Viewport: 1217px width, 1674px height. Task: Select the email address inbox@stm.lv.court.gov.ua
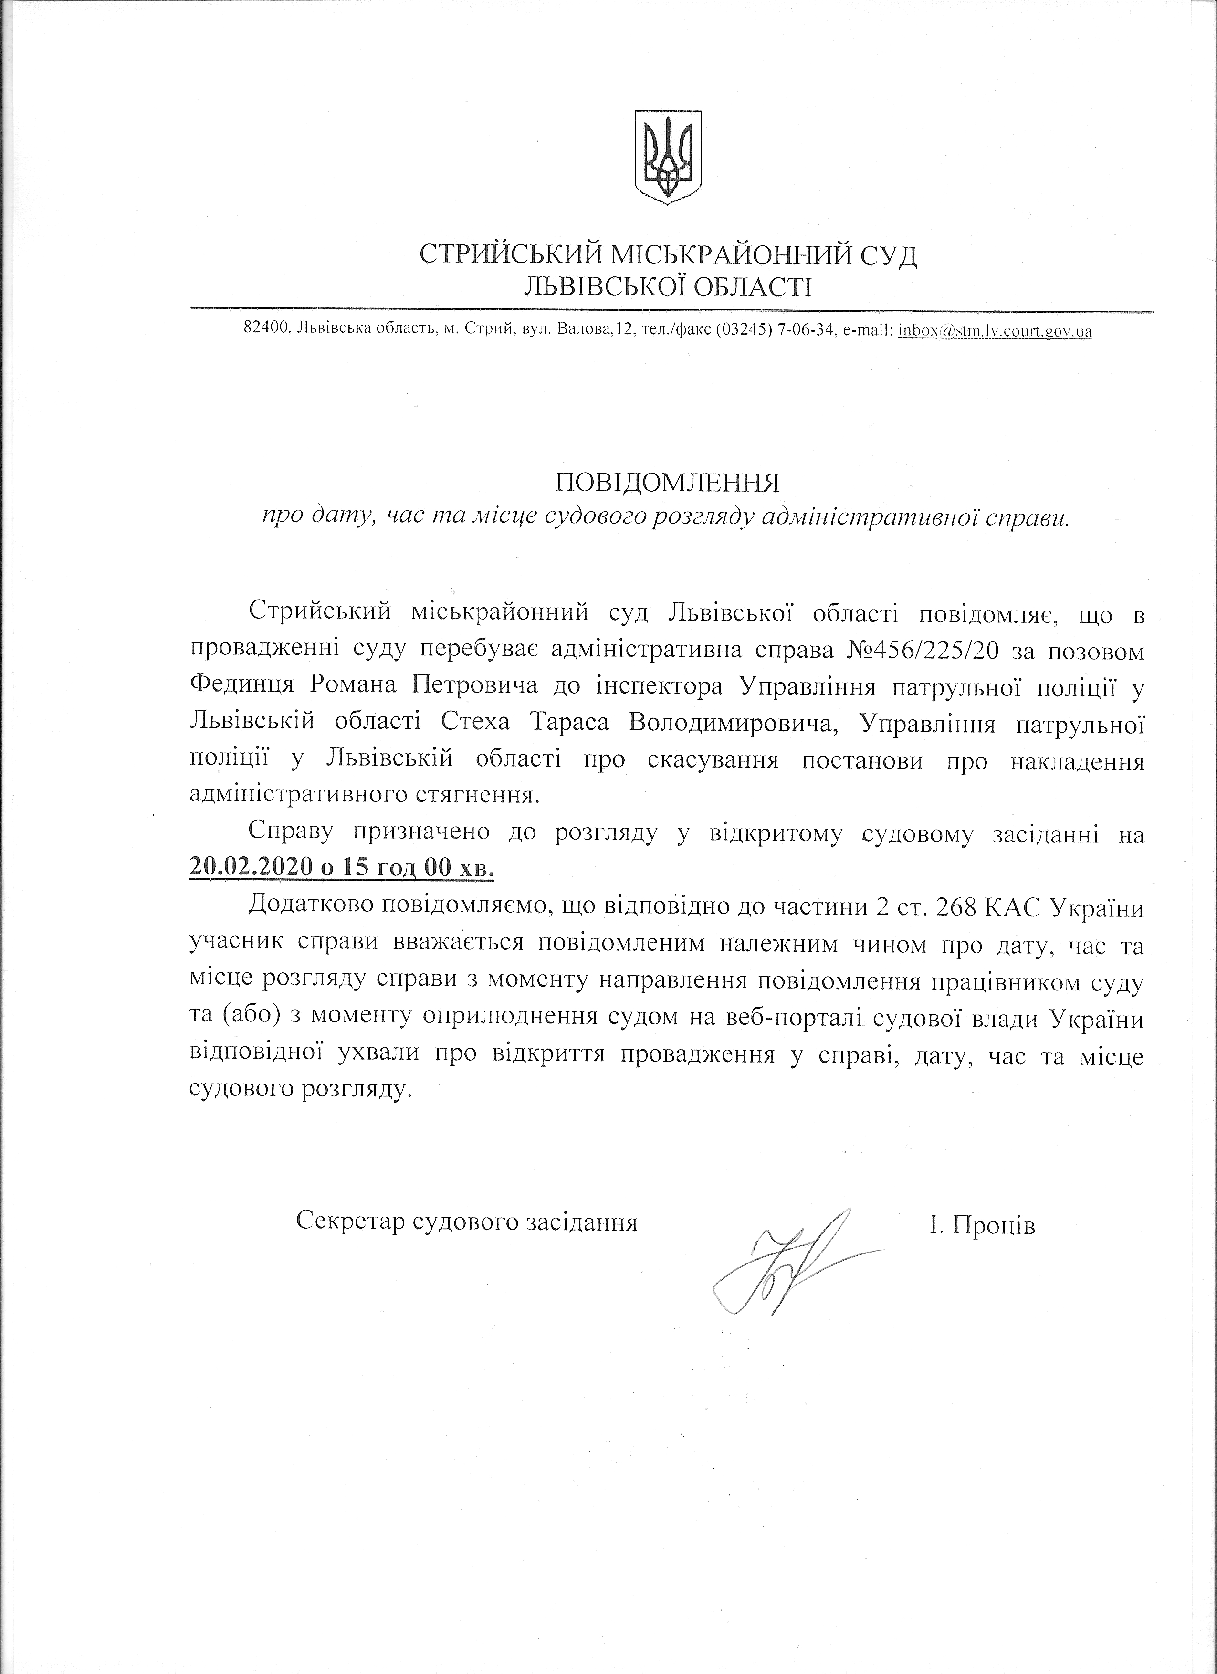995,331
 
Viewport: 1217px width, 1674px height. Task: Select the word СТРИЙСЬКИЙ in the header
508,255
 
